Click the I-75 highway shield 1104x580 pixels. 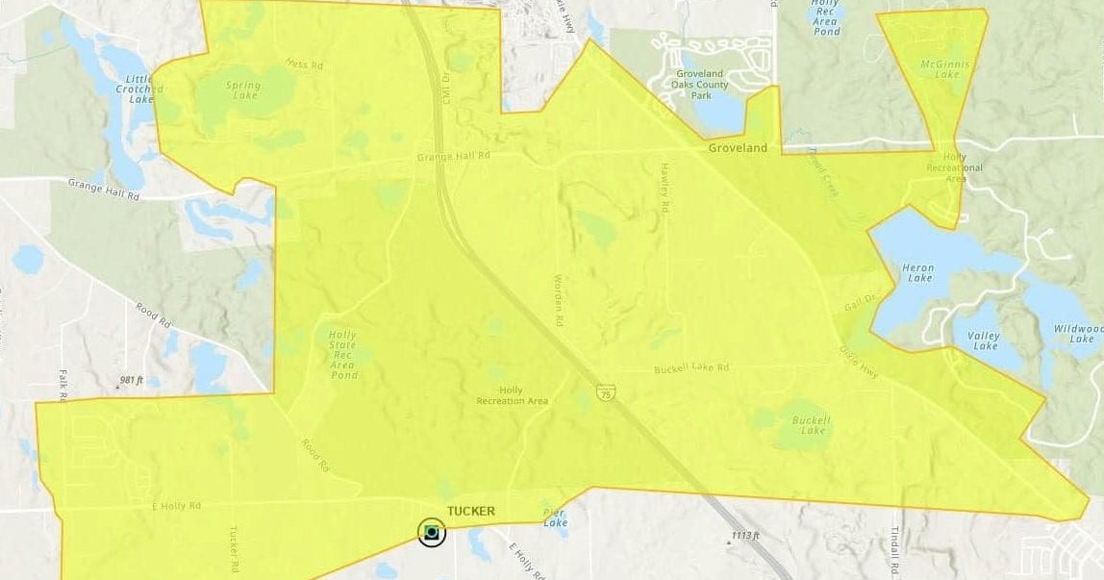pos(605,392)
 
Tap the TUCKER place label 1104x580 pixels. pos(471,512)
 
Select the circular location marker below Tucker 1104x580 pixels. pos(432,532)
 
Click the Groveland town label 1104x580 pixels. pos(738,148)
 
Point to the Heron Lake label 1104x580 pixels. pos(919,272)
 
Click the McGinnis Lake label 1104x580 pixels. pos(941,69)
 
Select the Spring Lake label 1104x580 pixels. pos(242,90)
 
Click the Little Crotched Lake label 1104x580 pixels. pos(140,89)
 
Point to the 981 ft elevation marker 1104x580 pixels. pos(131,381)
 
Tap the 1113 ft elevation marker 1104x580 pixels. pos(744,536)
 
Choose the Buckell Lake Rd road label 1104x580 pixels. pos(691,368)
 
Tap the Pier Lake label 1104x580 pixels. pos(556,517)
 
